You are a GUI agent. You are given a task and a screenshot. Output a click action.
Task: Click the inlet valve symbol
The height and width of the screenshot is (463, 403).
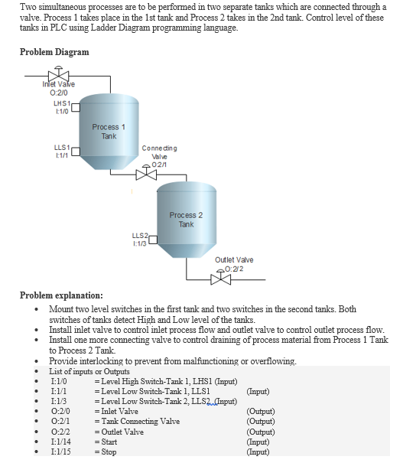click(54, 77)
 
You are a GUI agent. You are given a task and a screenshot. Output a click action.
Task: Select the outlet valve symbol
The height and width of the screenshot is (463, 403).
click(220, 278)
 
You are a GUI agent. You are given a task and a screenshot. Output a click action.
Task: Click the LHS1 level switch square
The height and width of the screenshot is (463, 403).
click(75, 106)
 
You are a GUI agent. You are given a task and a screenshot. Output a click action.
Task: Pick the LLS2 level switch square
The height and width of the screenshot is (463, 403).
click(152, 241)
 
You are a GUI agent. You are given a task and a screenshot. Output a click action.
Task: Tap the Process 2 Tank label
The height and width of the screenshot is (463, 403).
click(187, 220)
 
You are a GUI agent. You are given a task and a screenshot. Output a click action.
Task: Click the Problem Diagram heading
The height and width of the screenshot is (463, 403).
click(54, 52)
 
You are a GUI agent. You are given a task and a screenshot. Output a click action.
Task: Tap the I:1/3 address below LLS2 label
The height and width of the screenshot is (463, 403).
click(138, 243)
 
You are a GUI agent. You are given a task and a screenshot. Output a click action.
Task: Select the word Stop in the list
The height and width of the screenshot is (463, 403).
click(109, 452)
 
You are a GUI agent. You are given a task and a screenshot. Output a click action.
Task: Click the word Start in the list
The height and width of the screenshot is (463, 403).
click(109, 442)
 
